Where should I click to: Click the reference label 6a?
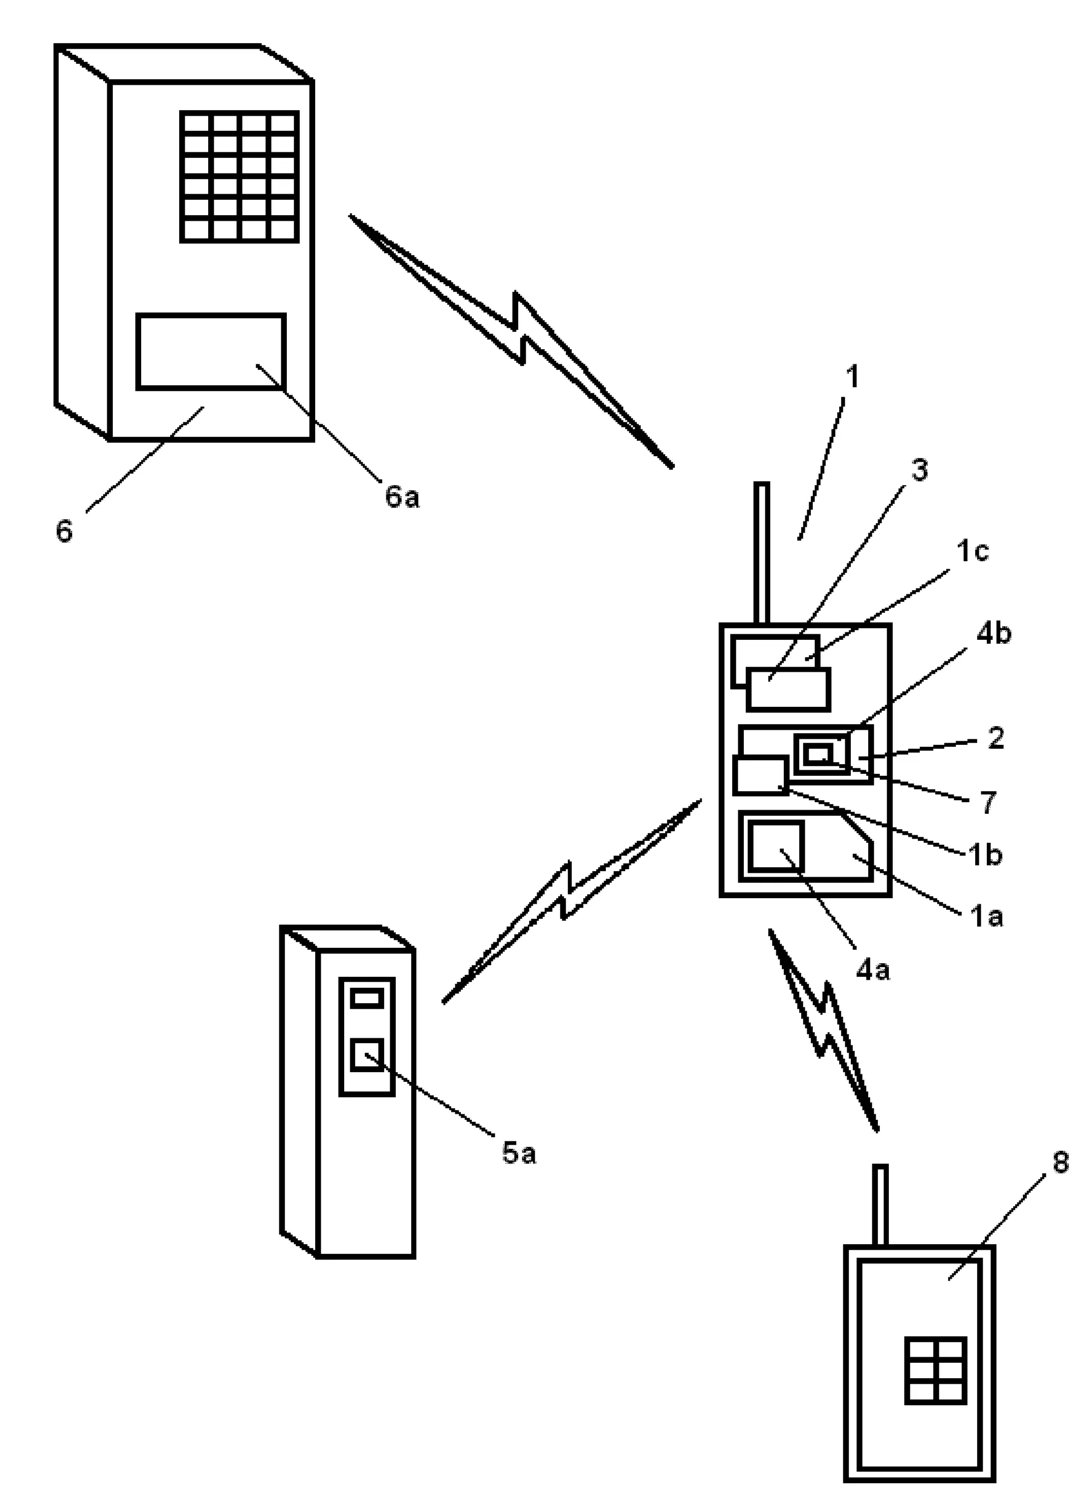tap(402, 497)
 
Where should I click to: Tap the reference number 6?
tap(64, 531)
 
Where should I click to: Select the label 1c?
tap(973, 551)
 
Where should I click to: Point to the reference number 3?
tap(920, 470)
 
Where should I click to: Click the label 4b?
tap(994, 633)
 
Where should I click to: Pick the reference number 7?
tap(988, 803)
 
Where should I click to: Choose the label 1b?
tap(986, 855)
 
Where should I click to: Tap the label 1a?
tap(986, 917)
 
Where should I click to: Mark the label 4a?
tap(873, 970)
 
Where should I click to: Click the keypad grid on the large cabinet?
tap(240, 177)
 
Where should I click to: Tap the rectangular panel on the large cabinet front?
tap(211, 352)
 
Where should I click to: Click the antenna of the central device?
tap(762, 553)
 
